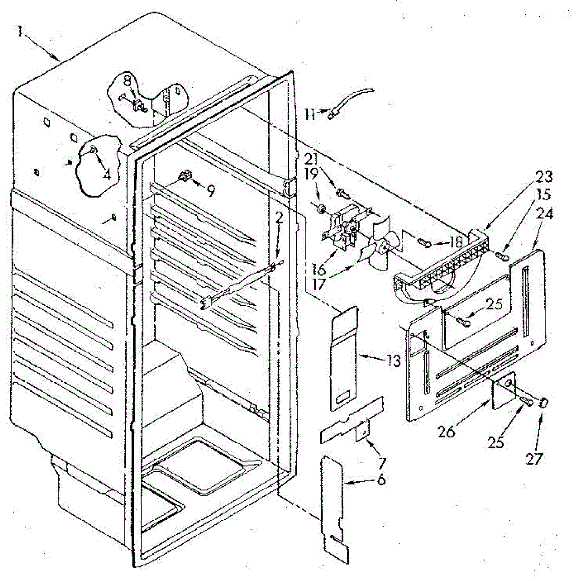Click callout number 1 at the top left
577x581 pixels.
point(20,31)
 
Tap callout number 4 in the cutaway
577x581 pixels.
point(106,173)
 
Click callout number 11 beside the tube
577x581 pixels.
point(310,114)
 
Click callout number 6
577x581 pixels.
point(381,480)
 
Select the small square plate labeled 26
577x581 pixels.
point(504,387)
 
